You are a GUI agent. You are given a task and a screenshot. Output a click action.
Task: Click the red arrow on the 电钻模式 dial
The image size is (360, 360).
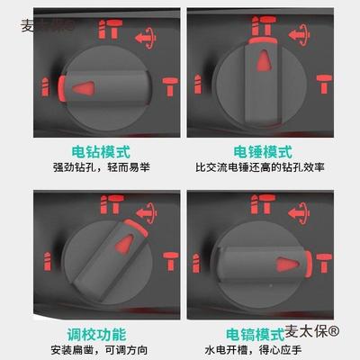tap(83, 88)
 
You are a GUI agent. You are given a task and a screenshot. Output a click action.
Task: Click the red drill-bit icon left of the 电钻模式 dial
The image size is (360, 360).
tap(43, 87)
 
